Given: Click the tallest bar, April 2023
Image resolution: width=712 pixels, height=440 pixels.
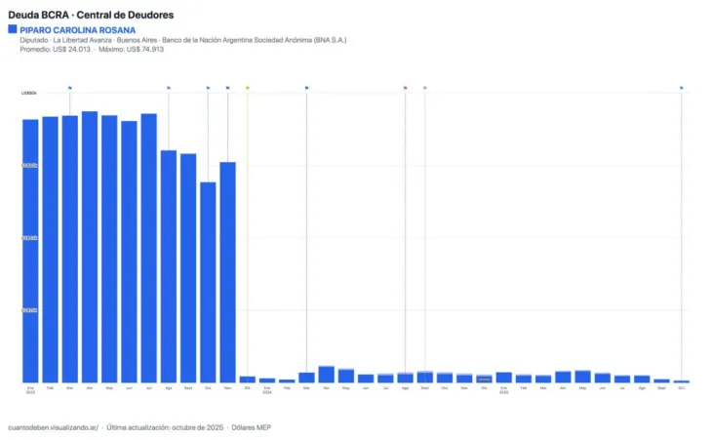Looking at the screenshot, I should point(90,247).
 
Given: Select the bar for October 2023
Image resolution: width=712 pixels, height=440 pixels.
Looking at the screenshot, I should point(208,282).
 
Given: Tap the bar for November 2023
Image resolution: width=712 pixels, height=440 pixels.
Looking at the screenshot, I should point(227,272).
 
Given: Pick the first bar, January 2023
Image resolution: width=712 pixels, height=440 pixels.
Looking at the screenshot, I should point(30,251).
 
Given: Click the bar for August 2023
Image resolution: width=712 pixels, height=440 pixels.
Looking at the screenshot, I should point(169,266).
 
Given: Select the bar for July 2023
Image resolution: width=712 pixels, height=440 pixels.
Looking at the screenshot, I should point(148,248).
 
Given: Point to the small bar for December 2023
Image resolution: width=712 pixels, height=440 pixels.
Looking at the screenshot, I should point(248,379).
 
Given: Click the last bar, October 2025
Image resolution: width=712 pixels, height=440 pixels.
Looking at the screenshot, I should point(681,381).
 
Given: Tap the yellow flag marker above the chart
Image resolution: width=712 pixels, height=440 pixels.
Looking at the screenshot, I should point(248,88).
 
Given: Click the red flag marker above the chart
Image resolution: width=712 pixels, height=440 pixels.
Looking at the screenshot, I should point(406,88).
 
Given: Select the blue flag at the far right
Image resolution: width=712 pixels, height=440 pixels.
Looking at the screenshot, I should point(682,88).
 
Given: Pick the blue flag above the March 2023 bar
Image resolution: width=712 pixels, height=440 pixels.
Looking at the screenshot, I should point(70,88).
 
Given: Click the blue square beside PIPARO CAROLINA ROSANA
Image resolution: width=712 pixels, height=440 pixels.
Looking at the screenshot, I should point(12,29).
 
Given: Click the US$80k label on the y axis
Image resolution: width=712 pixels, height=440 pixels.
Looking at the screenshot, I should point(29,93).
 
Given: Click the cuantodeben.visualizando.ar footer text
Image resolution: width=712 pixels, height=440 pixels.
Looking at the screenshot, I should point(51,427).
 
